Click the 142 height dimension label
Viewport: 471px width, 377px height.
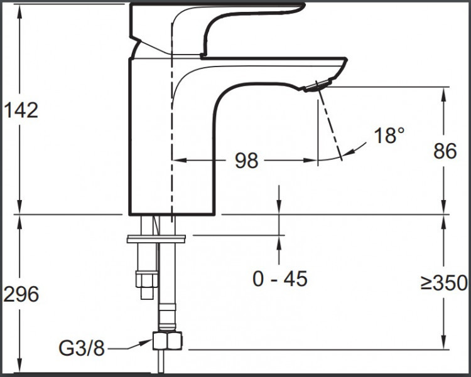coord(21,110)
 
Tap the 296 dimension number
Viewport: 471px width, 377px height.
coord(21,294)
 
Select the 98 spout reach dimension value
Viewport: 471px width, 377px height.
coord(246,161)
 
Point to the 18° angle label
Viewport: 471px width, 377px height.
coord(389,135)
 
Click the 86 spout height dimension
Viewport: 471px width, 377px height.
coord(445,151)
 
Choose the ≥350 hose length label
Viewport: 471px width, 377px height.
coord(444,282)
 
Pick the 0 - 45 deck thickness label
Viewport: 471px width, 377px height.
coord(280,279)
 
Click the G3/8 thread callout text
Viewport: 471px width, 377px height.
coord(82,348)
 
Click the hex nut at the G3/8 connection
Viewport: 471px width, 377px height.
coord(167,341)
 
